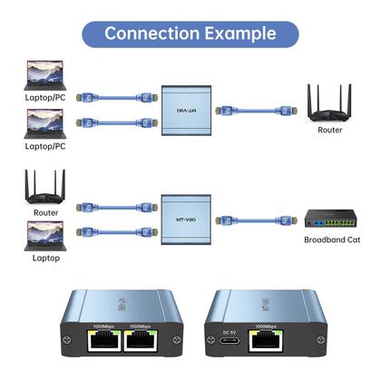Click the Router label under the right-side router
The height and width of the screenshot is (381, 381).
click(x=330, y=131)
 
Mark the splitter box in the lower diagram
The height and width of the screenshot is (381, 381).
click(x=185, y=219)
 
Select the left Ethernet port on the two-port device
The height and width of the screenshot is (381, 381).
click(x=103, y=342)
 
